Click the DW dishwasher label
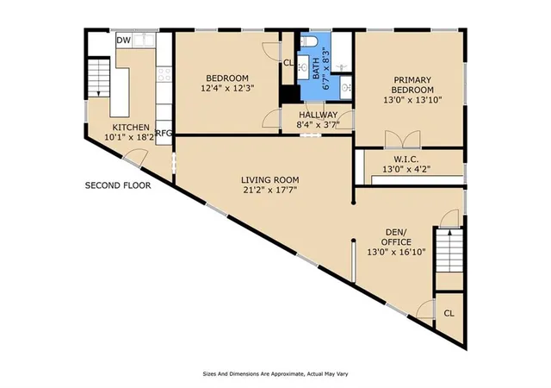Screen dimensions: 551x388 tap(124, 41)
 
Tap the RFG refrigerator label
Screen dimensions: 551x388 tap(164, 133)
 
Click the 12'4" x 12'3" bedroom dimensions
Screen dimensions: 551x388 tap(227, 88)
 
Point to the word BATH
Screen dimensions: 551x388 tap(316, 71)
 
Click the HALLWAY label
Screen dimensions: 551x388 tap(318, 115)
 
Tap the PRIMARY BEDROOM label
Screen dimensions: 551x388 tap(412, 84)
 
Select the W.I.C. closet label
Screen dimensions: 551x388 tap(406, 160)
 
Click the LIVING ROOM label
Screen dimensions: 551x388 tap(269, 180)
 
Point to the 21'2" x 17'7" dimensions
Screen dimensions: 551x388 tap(269, 191)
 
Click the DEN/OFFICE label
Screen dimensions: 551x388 tap(396, 237)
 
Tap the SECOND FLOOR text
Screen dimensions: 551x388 tap(118, 185)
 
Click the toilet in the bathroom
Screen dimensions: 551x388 tap(309, 41)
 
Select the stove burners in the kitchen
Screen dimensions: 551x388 tap(164, 75)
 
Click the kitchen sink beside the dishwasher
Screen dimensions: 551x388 tap(144, 40)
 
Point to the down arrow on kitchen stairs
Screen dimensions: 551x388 tap(99, 93)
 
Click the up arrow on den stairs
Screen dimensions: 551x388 tap(449, 232)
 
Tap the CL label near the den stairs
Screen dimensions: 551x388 tap(449, 313)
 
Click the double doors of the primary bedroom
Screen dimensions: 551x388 tap(403, 139)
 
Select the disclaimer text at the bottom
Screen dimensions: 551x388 tap(275, 374)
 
